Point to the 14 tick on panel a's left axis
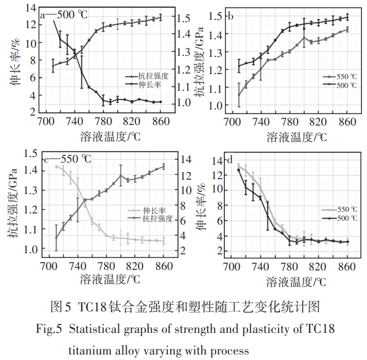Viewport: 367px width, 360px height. [x=31, y=8]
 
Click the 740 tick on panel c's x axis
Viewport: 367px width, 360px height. [x=78, y=263]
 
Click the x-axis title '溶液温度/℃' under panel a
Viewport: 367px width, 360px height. [x=102, y=135]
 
